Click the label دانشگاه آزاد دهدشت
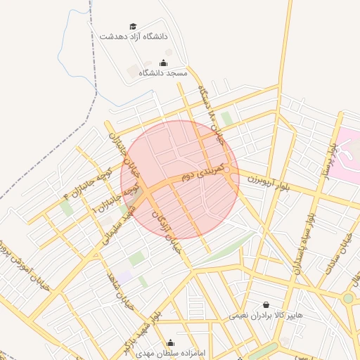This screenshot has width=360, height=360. [x=134, y=35]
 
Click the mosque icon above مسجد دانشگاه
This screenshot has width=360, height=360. [x=164, y=63]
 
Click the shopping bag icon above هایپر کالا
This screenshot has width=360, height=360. [x=266, y=305]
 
